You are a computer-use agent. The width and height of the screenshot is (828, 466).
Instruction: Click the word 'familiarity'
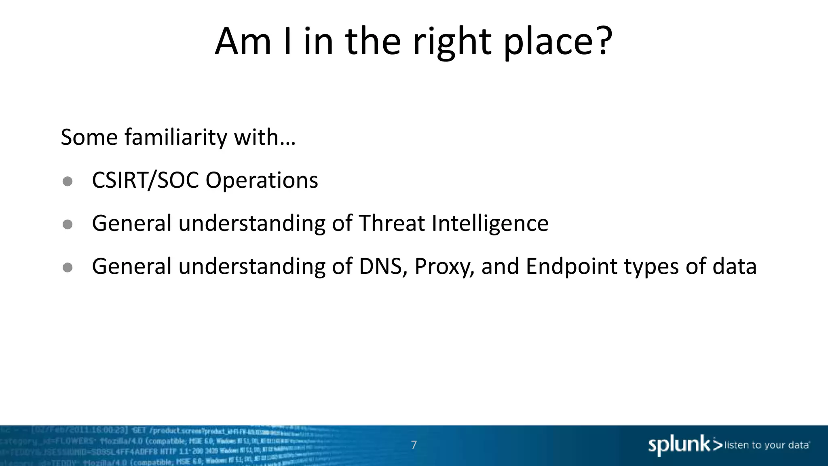tap(176, 137)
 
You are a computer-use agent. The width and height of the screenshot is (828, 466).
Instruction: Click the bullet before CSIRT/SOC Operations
tap(68, 181)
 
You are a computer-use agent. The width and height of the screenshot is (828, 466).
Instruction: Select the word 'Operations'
tap(262, 180)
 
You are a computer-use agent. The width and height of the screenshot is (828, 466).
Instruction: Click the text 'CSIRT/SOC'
tap(146, 180)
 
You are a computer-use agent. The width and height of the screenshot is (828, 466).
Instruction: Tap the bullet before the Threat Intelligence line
tap(68, 224)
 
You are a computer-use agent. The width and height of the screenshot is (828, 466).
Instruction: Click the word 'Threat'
tap(391, 223)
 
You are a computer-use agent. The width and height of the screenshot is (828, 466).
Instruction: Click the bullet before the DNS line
tap(68, 267)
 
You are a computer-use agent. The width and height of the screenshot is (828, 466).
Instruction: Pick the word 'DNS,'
tap(383, 267)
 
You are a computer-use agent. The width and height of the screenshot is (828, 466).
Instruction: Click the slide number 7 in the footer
tap(414, 445)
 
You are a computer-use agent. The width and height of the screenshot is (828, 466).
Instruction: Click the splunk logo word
tap(679, 445)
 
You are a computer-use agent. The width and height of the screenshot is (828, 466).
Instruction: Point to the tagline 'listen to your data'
tap(767, 445)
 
